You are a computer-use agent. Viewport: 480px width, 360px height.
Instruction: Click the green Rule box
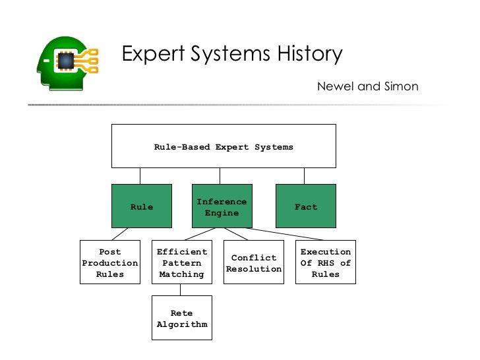(142, 206)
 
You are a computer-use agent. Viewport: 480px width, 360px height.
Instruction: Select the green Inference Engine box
(222, 206)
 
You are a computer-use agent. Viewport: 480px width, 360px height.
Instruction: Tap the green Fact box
(305, 206)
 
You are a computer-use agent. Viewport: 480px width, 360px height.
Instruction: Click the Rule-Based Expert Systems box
(224, 146)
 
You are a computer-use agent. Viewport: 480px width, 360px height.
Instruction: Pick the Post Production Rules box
(110, 262)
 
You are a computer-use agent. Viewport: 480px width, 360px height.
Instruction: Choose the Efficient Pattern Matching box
(182, 262)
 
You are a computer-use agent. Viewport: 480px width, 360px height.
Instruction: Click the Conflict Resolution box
(254, 262)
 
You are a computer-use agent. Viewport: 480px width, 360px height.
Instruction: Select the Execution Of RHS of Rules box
(325, 262)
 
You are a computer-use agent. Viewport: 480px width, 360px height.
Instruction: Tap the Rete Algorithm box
(182, 318)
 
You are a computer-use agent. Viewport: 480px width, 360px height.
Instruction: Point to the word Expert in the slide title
(153, 54)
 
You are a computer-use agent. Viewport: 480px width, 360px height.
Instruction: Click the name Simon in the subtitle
(398, 86)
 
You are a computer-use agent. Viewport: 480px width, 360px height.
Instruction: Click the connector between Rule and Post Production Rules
(119, 234)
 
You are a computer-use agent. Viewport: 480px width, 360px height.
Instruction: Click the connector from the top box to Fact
(304, 175)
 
